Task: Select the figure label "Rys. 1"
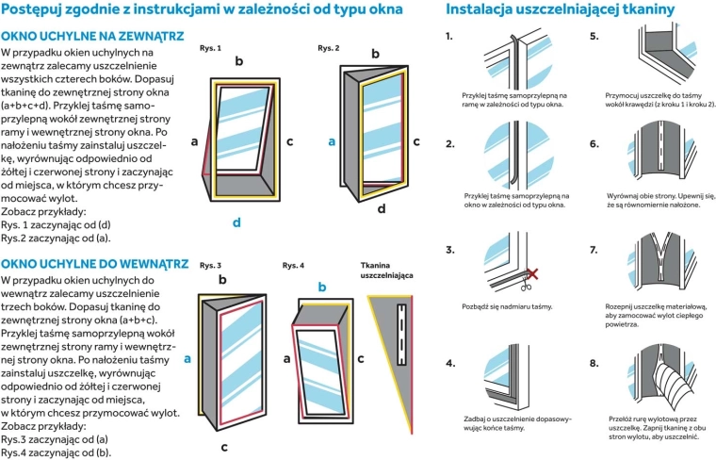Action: coord(210,47)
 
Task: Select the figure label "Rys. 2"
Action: coord(329,47)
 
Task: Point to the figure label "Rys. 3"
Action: coord(210,266)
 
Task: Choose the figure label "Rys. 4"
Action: coord(293,266)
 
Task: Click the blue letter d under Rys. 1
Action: coord(237,222)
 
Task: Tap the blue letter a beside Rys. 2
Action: coord(331,141)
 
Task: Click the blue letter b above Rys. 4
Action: coord(322,286)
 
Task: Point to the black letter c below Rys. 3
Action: coord(224,446)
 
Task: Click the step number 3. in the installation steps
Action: coord(450,250)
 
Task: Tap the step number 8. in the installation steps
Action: coord(594,363)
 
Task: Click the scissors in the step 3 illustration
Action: coord(531,273)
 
